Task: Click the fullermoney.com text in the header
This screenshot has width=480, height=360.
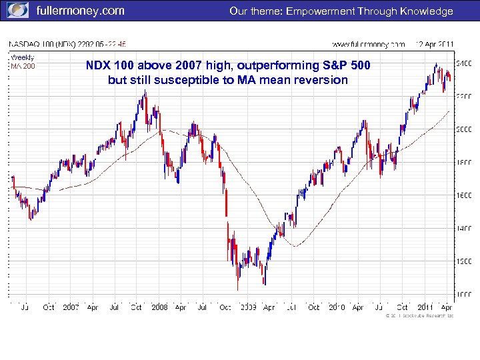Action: point(80,11)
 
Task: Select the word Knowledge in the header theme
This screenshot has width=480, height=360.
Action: point(426,11)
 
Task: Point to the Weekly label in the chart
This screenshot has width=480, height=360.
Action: point(22,57)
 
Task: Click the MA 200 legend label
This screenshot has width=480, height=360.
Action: point(23,66)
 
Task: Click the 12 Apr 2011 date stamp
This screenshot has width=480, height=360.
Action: point(435,45)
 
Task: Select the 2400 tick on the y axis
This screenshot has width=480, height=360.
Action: point(463,63)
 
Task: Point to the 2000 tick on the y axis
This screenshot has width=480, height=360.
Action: point(463,129)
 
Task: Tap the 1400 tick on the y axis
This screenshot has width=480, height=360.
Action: point(463,228)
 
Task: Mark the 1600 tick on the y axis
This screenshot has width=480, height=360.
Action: point(463,195)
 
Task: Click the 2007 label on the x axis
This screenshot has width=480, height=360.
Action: point(71,307)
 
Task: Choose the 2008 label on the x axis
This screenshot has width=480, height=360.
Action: point(159,307)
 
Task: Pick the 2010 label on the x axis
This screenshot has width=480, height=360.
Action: point(336,307)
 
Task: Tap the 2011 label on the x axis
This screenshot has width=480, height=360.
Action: point(425,307)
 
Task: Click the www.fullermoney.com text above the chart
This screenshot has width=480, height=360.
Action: point(369,45)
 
